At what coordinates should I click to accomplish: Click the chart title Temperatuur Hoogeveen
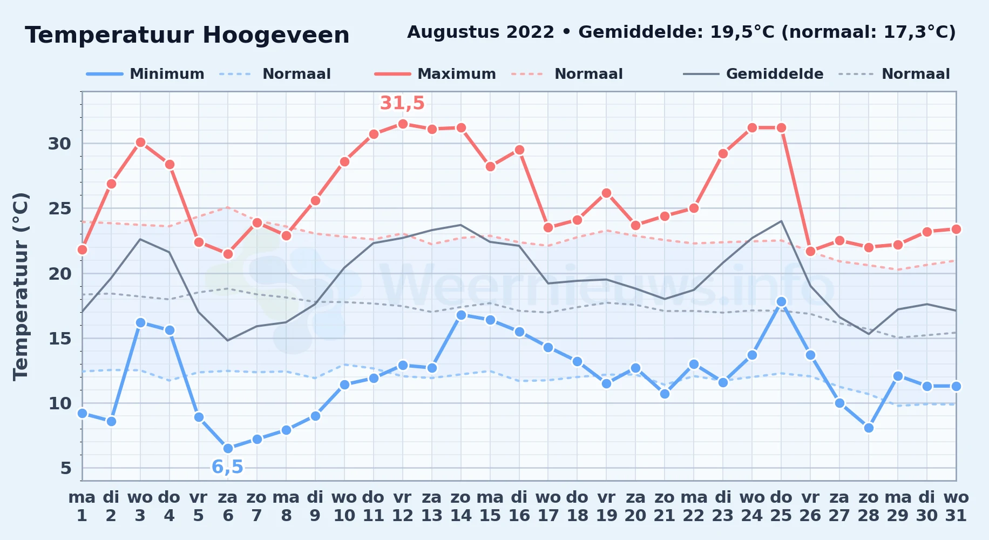[x=187, y=35]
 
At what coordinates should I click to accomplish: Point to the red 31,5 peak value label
[x=402, y=103]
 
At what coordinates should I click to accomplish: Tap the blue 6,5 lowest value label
[x=227, y=467]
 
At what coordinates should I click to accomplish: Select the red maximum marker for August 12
[x=402, y=124]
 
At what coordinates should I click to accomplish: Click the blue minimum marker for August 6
[x=228, y=448]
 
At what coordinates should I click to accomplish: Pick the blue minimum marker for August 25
[x=781, y=301]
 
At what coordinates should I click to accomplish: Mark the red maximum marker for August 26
[x=810, y=251]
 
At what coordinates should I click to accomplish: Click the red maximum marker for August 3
[x=140, y=142]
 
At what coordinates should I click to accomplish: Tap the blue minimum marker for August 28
[x=869, y=428]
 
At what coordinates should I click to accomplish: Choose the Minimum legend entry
[x=145, y=74]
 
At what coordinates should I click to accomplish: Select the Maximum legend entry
[x=435, y=74]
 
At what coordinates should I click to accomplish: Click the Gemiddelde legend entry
[x=754, y=74]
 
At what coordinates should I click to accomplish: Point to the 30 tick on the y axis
[x=59, y=144]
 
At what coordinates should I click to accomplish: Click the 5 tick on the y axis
[x=66, y=468]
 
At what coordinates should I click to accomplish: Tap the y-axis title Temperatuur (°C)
[x=21, y=286]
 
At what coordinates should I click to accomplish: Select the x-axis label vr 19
[x=606, y=506]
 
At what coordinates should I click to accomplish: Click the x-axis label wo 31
[x=956, y=506]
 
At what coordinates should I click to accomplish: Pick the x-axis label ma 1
[x=82, y=506]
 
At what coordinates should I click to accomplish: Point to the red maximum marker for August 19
[x=606, y=193]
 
